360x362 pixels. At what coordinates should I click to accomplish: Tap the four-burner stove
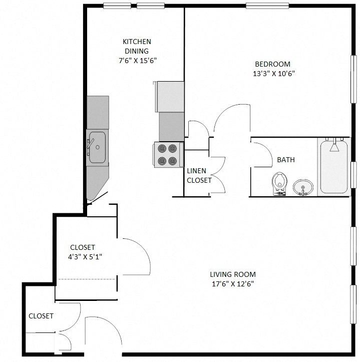pos(167,155)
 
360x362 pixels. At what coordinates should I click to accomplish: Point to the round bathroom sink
pos(302,188)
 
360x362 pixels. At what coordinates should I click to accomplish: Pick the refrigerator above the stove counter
pos(170,97)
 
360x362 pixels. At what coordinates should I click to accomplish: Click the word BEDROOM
pos(272,64)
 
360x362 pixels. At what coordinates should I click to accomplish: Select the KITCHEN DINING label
pos(137,46)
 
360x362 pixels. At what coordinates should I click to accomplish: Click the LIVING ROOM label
pos(232,274)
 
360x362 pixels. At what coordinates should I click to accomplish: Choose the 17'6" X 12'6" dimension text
pos(233,284)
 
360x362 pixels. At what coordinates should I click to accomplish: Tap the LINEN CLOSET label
pos(199,175)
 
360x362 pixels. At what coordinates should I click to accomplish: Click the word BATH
pos(285,160)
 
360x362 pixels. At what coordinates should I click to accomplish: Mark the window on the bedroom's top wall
pos(267,6)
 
